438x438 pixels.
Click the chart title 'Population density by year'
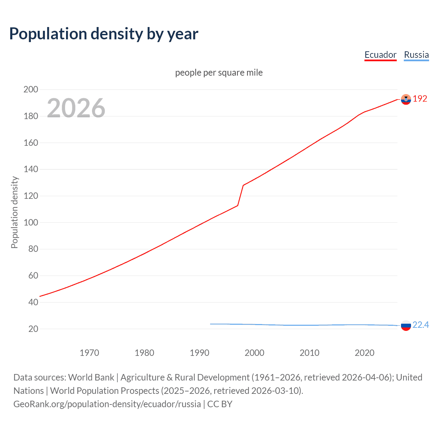pos(104,34)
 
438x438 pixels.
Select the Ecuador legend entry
pos(380,55)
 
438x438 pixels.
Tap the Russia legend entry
pos(416,55)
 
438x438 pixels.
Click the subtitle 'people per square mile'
pos(219,73)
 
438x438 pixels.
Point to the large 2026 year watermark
pos(76,108)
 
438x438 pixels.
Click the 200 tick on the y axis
pos(31,89)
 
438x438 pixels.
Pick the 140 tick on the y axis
pos(31,169)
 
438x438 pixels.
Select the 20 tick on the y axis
pos(33,329)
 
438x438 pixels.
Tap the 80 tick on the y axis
pos(33,249)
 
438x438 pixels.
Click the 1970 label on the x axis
pos(89,353)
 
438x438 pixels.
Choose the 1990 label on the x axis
pos(199,353)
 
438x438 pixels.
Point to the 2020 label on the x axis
pos(364,353)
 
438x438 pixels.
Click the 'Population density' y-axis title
pos(14,212)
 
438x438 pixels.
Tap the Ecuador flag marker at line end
pos(406,99)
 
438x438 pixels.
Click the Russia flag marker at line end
pos(406,325)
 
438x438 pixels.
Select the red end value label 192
pos(420,99)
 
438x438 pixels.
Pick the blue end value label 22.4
pos(421,325)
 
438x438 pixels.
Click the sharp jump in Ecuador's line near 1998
pos(241,195)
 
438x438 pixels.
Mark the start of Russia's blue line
pos(210,324)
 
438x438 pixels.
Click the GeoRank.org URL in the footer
pos(107,404)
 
